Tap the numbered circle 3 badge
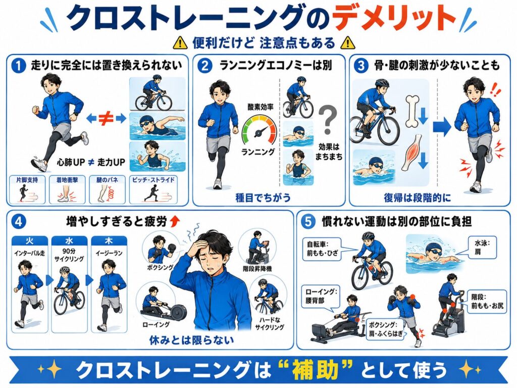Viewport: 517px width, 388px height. click(x=361, y=66)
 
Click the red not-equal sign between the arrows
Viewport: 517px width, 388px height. click(x=106, y=119)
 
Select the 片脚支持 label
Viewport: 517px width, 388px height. click(x=27, y=180)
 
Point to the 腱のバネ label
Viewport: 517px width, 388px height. click(x=107, y=180)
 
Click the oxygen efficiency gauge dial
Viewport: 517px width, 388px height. click(x=260, y=131)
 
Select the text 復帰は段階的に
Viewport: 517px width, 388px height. click(x=417, y=198)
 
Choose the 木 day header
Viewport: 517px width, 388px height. click(x=109, y=240)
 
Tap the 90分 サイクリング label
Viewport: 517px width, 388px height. click(x=69, y=255)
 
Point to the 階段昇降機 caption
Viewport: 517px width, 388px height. click(x=257, y=269)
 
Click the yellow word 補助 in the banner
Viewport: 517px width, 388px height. click(x=315, y=370)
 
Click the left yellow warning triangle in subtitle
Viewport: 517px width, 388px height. click(x=180, y=42)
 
